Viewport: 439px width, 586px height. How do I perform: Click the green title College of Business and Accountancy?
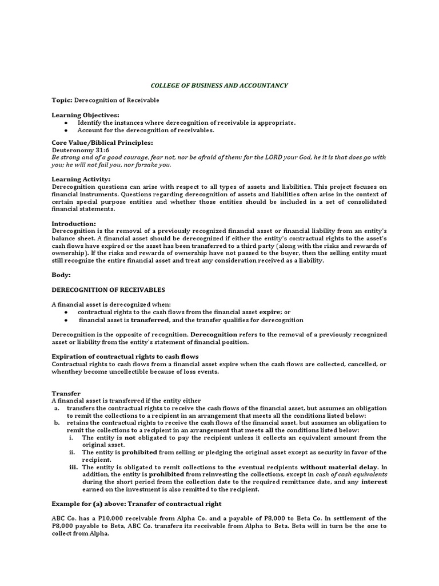pyautogui.click(x=219, y=86)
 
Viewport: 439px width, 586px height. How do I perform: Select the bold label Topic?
pyautogui.click(x=62, y=100)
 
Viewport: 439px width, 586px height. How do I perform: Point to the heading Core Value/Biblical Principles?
pyautogui.click(x=102, y=142)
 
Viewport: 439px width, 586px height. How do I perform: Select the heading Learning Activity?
pyautogui.click(x=81, y=179)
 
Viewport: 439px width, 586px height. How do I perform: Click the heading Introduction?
pyautogui.click(x=74, y=223)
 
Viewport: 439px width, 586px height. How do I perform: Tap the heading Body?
pyautogui.click(x=61, y=275)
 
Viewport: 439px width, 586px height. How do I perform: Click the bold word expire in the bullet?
pyautogui.click(x=270, y=312)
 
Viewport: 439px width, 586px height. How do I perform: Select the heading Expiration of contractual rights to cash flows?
pyautogui.click(x=125, y=357)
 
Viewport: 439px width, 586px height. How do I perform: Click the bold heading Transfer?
pyautogui.click(x=65, y=394)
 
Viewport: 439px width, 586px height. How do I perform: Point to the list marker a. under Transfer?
pyautogui.click(x=57, y=408)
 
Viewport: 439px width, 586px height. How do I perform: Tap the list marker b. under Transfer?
pyautogui.click(x=57, y=423)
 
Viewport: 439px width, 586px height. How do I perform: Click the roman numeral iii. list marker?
pyautogui.click(x=73, y=467)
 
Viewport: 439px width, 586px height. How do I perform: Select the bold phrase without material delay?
pyautogui.click(x=336, y=467)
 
